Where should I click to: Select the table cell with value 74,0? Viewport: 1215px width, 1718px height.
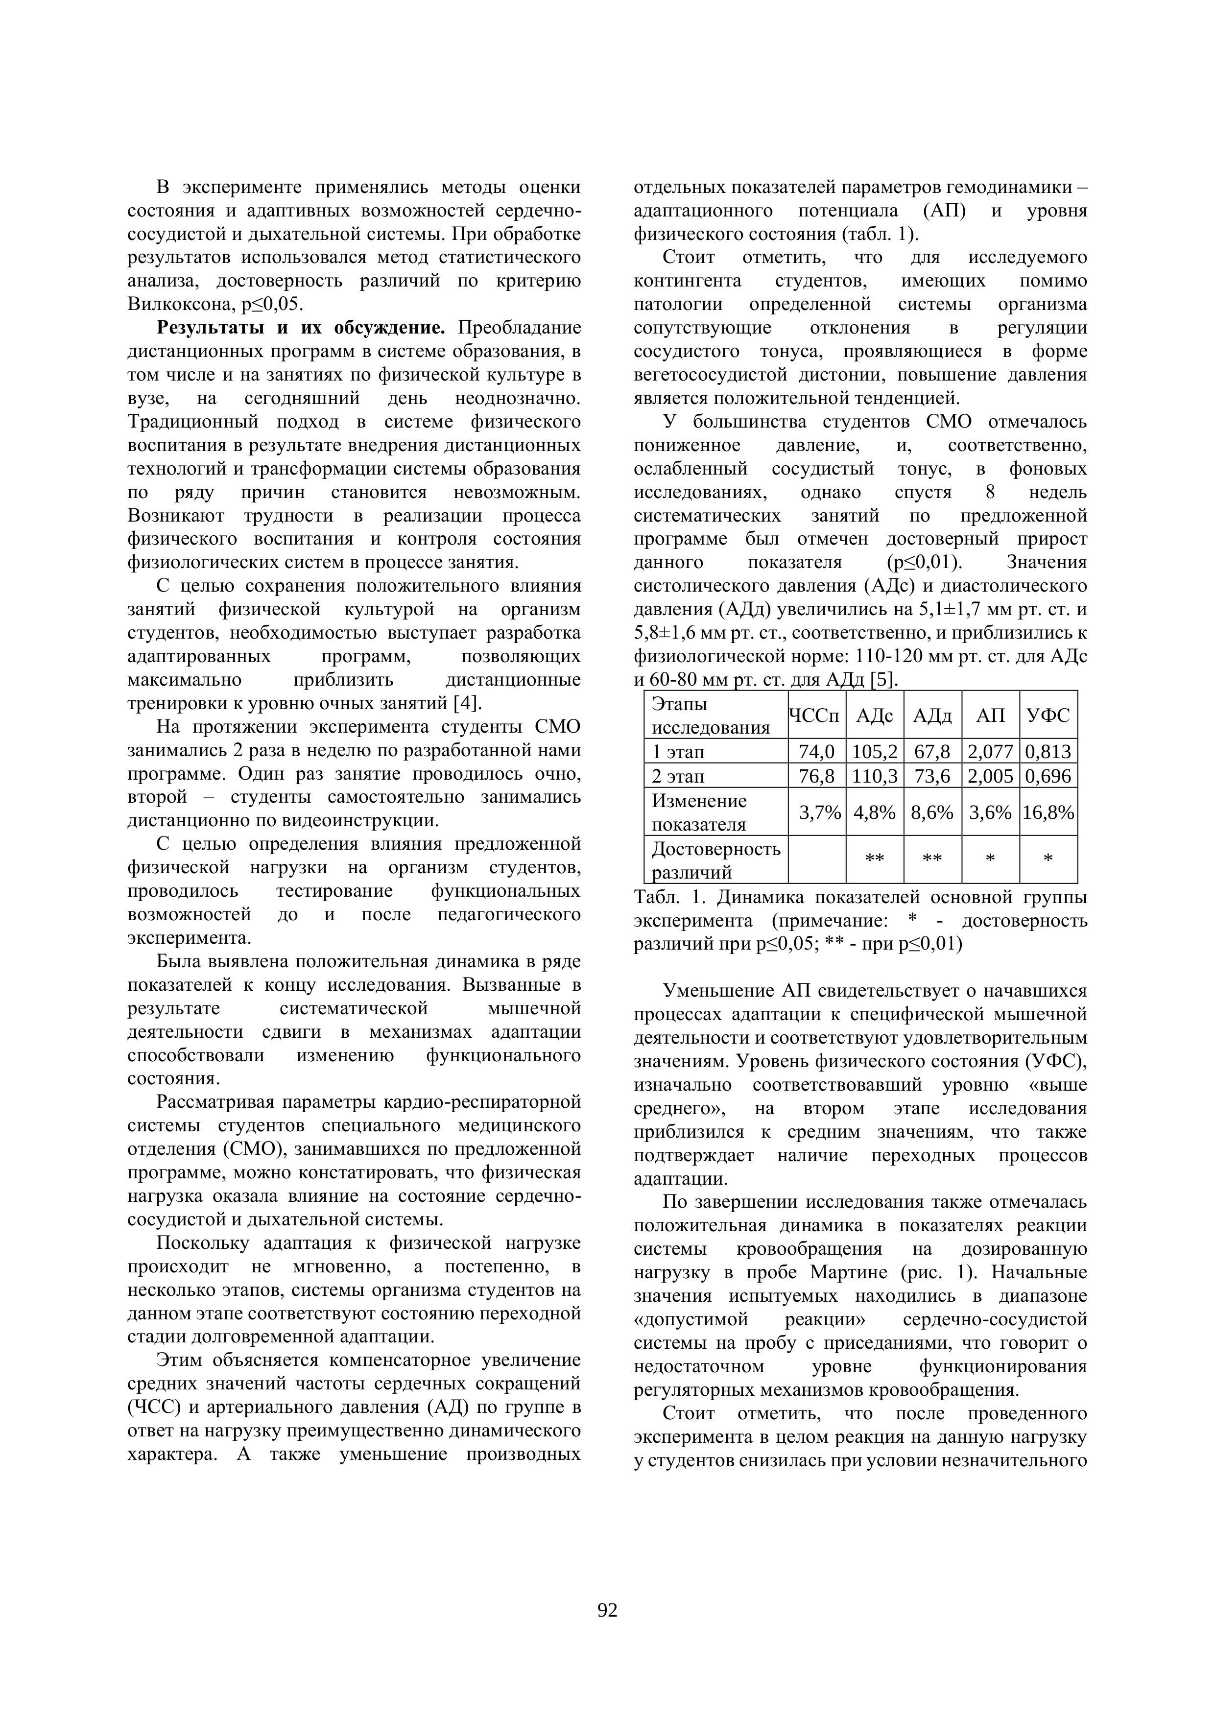coord(816,751)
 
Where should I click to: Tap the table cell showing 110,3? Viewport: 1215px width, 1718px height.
coord(875,776)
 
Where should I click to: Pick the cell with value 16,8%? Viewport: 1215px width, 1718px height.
coord(1048,812)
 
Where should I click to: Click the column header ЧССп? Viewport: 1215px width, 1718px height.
coord(816,716)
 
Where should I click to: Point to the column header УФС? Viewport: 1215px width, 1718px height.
coord(1048,716)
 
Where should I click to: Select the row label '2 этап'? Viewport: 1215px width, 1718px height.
coord(679,776)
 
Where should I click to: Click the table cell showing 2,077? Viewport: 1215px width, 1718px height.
coord(991,751)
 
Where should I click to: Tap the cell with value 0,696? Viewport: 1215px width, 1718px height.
coord(1048,776)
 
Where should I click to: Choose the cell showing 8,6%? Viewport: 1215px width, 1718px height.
coord(932,812)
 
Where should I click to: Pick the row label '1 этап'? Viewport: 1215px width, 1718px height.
coord(679,751)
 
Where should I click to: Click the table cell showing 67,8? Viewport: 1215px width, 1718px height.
coord(932,751)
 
